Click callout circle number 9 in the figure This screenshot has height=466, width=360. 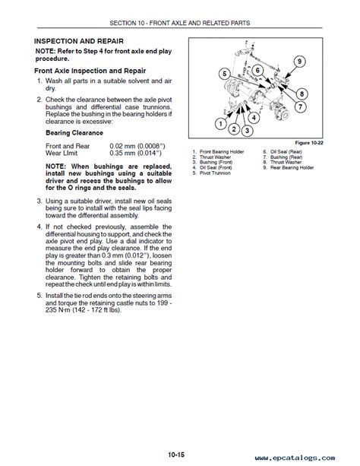[x=299, y=62]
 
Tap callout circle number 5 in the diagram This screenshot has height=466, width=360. [x=225, y=74]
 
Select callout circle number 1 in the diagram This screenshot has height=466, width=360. [x=221, y=123]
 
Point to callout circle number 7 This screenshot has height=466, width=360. [x=300, y=106]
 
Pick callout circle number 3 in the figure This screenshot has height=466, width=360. [x=247, y=131]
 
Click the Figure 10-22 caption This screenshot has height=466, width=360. [x=309, y=143]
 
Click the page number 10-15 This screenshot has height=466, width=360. [x=176, y=455]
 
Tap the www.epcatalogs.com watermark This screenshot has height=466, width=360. [x=295, y=458]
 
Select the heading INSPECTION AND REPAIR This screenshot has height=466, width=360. [x=79, y=41]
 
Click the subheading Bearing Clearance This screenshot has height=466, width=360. [x=74, y=133]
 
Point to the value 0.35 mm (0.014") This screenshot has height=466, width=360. [x=135, y=154]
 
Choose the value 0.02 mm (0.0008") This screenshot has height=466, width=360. [x=137, y=146]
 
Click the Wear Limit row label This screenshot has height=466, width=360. [x=62, y=154]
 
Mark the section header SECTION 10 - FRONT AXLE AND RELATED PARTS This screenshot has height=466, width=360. [x=180, y=23]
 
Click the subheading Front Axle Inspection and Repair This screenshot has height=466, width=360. [x=90, y=71]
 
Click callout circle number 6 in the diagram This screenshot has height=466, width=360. [x=257, y=71]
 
